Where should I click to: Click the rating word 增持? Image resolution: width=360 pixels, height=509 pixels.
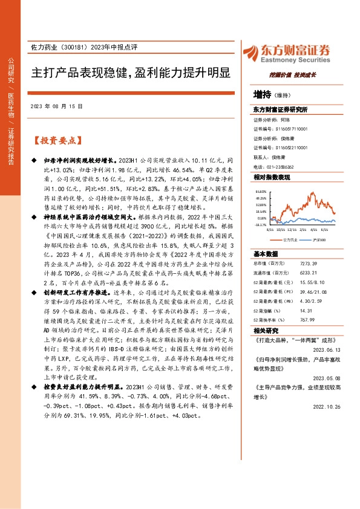pos(263,94)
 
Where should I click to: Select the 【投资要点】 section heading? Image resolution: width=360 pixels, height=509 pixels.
pos(56,141)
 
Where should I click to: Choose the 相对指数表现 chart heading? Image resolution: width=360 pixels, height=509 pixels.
pos(272,178)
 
